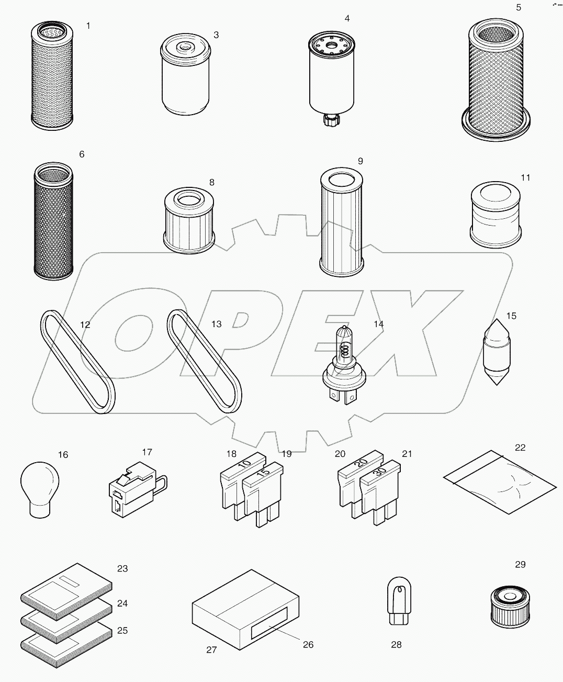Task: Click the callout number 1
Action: click(88, 26)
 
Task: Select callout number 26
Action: click(308, 644)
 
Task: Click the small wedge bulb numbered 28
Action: click(397, 601)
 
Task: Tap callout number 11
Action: click(525, 178)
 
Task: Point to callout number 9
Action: click(360, 161)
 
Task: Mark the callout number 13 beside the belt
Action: click(216, 324)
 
